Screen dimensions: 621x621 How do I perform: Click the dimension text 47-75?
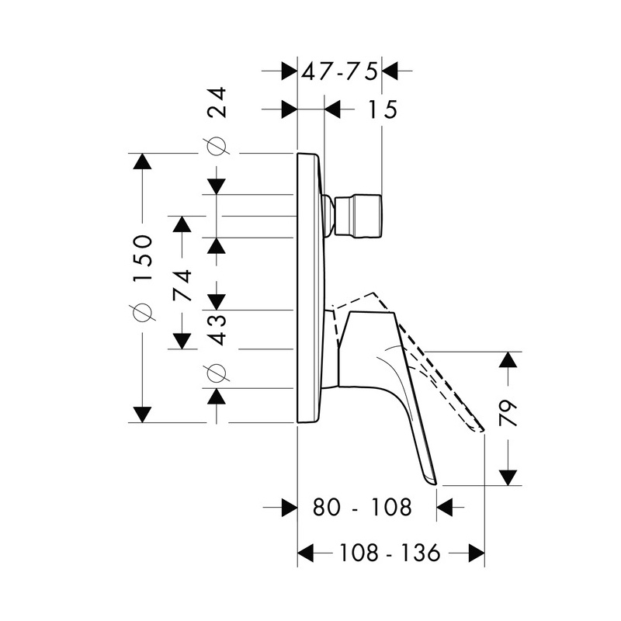point(339,72)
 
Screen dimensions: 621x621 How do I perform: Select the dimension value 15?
point(383,109)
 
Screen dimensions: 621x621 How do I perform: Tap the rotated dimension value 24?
point(217,102)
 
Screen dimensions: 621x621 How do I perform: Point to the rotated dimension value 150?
point(143,258)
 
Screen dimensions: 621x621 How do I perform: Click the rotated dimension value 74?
point(182,286)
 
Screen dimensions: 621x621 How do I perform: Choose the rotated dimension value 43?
point(217,330)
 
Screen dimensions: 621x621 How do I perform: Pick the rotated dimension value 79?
point(508,414)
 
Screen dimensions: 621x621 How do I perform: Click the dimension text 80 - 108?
point(363,507)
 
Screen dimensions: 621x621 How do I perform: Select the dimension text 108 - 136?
point(390,552)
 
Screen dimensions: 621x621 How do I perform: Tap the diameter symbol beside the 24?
point(217,147)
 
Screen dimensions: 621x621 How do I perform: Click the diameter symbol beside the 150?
point(143,312)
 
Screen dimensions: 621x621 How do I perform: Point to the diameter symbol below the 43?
point(217,373)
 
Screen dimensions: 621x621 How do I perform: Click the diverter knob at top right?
point(359,217)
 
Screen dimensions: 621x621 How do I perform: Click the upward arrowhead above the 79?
point(508,360)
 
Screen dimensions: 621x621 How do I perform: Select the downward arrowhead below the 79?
point(508,477)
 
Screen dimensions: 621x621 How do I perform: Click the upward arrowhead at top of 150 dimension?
point(143,161)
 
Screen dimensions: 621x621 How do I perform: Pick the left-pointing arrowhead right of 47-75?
point(390,71)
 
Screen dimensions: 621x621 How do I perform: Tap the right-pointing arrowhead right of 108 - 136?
point(476,552)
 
